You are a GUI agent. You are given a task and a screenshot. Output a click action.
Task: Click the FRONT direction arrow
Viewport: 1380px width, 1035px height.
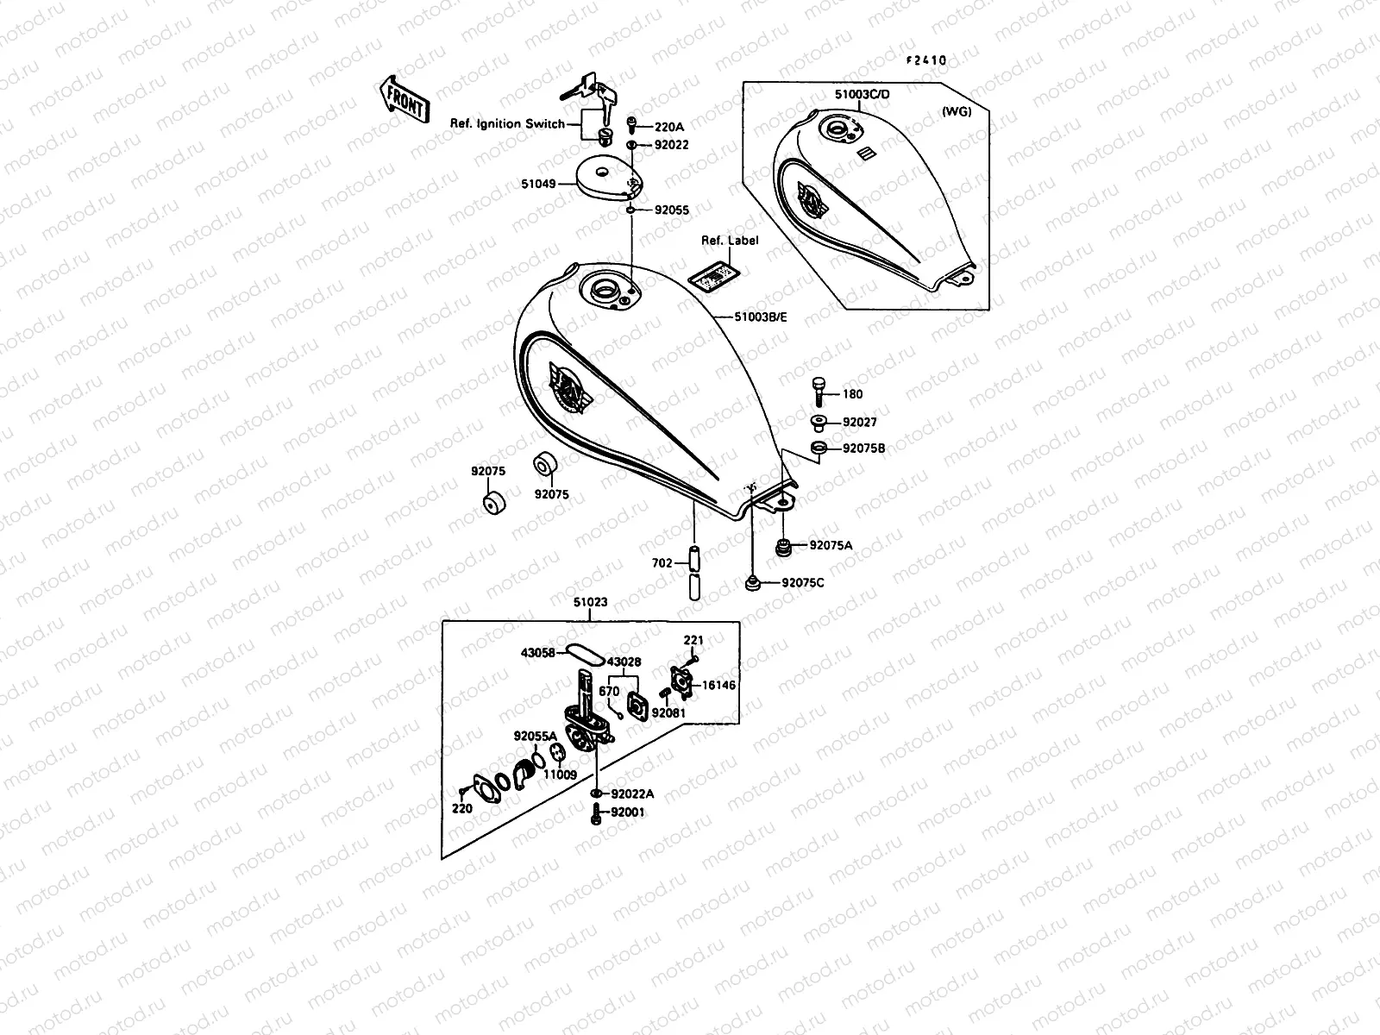(404, 97)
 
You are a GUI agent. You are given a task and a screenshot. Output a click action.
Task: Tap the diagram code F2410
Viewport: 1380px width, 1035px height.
(925, 60)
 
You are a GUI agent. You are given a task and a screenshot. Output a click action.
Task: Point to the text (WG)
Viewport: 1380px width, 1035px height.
(957, 111)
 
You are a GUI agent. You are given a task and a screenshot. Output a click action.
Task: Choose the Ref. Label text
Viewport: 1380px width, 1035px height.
(730, 241)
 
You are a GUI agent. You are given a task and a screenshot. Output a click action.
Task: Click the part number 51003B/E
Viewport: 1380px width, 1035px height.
(761, 317)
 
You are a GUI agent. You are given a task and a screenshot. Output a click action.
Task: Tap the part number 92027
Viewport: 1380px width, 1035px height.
(859, 423)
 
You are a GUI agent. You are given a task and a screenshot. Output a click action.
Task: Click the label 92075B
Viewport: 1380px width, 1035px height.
(863, 448)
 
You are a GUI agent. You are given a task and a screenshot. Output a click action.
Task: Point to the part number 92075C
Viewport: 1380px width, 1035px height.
(803, 583)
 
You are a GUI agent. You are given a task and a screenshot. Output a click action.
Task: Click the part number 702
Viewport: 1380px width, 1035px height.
(662, 563)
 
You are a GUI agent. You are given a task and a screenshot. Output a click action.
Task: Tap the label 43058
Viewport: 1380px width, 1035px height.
(537, 653)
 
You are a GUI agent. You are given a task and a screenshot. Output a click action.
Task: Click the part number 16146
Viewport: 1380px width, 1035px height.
(718, 685)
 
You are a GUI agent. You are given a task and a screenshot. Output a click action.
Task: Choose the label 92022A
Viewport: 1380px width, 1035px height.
(632, 794)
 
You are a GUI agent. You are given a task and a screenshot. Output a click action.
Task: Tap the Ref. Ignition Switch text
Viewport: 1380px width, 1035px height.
(507, 124)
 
